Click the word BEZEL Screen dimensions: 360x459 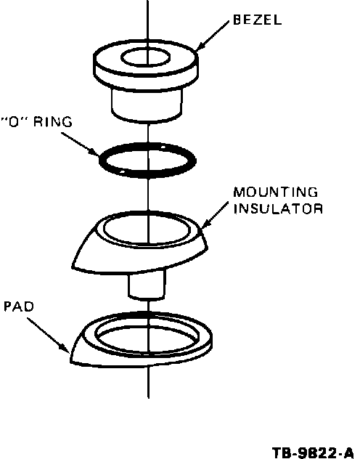click(258, 20)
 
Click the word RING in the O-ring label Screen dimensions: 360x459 click(53, 121)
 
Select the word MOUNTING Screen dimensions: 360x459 click(276, 192)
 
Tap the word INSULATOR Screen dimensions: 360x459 click(278, 208)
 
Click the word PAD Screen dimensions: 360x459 click(19, 306)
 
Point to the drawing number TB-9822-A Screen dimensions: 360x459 click(313, 452)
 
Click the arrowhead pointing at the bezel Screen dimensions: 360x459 click(200, 46)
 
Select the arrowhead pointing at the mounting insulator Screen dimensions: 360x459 click(205, 224)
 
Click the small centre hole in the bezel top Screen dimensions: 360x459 click(145, 57)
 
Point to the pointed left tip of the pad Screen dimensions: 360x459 click(71, 358)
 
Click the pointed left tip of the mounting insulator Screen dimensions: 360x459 click(73, 266)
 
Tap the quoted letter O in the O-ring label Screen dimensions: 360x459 click(14, 121)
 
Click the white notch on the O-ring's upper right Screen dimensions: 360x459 click(163, 147)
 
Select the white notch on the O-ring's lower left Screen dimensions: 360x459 click(123, 172)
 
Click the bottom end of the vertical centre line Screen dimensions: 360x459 click(149, 398)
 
